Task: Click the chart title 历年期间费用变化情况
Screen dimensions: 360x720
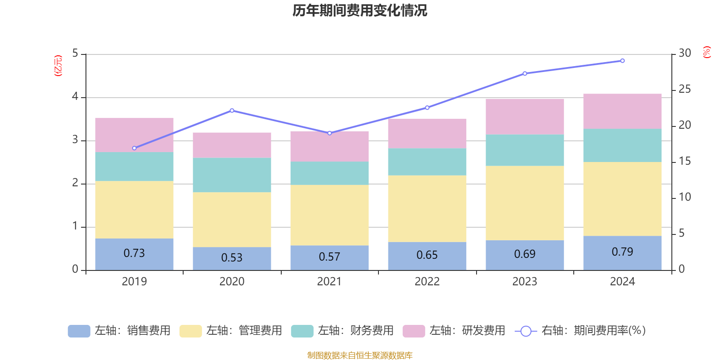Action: click(x=360, y=11)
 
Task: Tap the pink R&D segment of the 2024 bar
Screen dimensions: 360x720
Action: click(x=622, y=111)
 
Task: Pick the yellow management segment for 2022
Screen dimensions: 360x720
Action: click(x=427, y=208)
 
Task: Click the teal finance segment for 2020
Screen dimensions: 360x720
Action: click(x=232, y=175)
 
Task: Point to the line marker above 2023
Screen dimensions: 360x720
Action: click(x=525, y=73)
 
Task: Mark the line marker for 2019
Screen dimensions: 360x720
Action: click(x=134, y=148)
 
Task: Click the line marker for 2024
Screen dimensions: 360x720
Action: click(x=622, y=61)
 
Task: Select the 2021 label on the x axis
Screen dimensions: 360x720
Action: click(x=329, y=282)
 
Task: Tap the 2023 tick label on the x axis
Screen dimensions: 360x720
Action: click(x=525, y=282)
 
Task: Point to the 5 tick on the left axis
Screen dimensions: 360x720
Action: click(x=75, y=54)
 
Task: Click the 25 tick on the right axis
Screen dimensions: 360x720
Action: click(x=684, y=90)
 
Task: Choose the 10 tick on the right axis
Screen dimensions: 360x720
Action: click(x=684, y=197)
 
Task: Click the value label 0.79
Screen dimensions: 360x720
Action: click(x=622, y=252)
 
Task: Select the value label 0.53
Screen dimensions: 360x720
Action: click(x=232, y=257)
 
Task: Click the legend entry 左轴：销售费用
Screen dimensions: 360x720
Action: click(x=119, y=331)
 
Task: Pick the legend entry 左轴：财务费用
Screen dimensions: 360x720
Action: click(x=342, y=331)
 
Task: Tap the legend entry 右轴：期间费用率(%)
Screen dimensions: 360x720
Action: click(x=580, y=331)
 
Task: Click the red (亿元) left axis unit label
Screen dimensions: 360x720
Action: click(x=58, y=66)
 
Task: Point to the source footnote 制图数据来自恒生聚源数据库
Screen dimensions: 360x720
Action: click(x=360, y=355)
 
